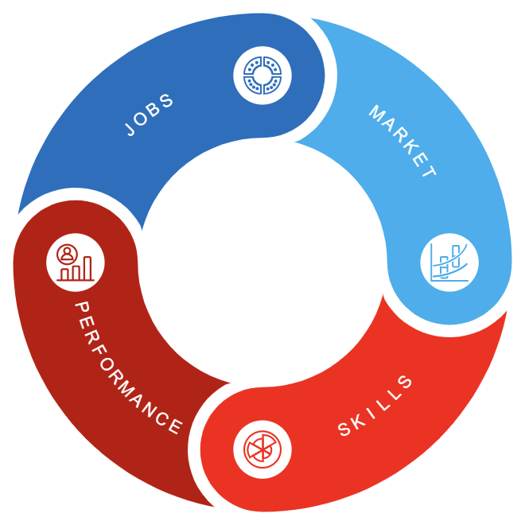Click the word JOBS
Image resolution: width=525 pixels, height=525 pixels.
point(150,115)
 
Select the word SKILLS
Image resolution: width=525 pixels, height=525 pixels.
point(375,406)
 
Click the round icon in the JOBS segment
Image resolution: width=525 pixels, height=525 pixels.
point(262,76)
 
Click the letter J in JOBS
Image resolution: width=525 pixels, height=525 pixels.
point(131,128)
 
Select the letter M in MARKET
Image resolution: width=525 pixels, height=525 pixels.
point(376,112)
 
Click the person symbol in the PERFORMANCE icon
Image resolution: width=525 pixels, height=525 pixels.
point(66,254)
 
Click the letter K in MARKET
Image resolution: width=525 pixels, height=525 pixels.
point(406,143)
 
